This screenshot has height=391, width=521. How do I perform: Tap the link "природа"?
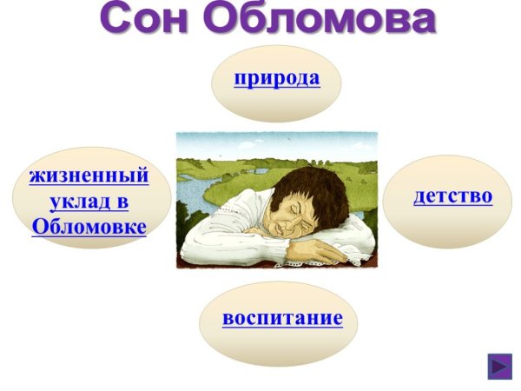coord(276,77)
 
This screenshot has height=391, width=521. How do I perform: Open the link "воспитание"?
coord(282,317)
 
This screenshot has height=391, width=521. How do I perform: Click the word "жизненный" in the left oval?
coord(89,175)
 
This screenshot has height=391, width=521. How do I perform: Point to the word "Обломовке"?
coord(89,227)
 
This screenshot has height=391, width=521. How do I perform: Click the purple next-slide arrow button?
coord(500,366)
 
